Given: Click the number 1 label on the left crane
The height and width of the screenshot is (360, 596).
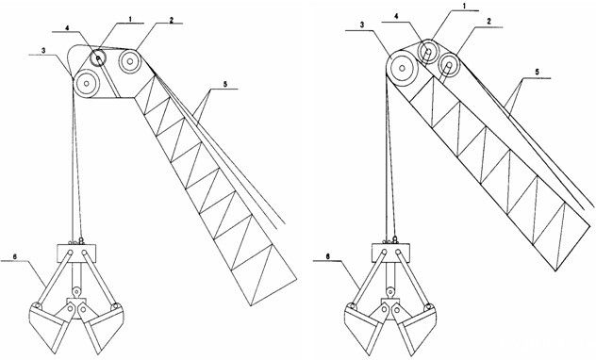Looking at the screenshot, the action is [130, 19].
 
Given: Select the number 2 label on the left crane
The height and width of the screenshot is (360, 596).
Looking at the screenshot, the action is [172, 20].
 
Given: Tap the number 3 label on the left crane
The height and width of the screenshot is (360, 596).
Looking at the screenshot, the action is [44, 51].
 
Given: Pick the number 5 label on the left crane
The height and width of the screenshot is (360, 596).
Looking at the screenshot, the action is [225, 84].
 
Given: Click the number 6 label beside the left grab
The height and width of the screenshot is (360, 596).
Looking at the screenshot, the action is [15, 256].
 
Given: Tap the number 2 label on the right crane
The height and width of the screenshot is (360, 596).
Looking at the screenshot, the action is [488, 22].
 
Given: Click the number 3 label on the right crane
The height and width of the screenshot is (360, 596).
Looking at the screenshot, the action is [362, 25].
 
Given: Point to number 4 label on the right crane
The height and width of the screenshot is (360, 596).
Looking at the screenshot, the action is [396, 17].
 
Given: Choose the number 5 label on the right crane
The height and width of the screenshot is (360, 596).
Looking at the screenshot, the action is [537, 72].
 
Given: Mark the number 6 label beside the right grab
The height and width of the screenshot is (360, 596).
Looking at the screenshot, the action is [327, 256].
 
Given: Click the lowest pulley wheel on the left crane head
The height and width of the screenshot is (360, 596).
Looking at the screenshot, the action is [87, 83].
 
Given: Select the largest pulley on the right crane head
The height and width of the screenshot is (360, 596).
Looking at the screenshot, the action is [402, 69].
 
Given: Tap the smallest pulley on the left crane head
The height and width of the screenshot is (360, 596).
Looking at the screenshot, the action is [98, 58].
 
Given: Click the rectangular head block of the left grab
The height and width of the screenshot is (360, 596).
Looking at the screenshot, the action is [76, 254].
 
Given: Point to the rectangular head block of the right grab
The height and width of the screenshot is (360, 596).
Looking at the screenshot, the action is [390, 254].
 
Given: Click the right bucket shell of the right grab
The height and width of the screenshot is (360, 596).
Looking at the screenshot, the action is [415, 325].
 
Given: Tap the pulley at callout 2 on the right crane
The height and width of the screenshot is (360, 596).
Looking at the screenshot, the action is [449, 64].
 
